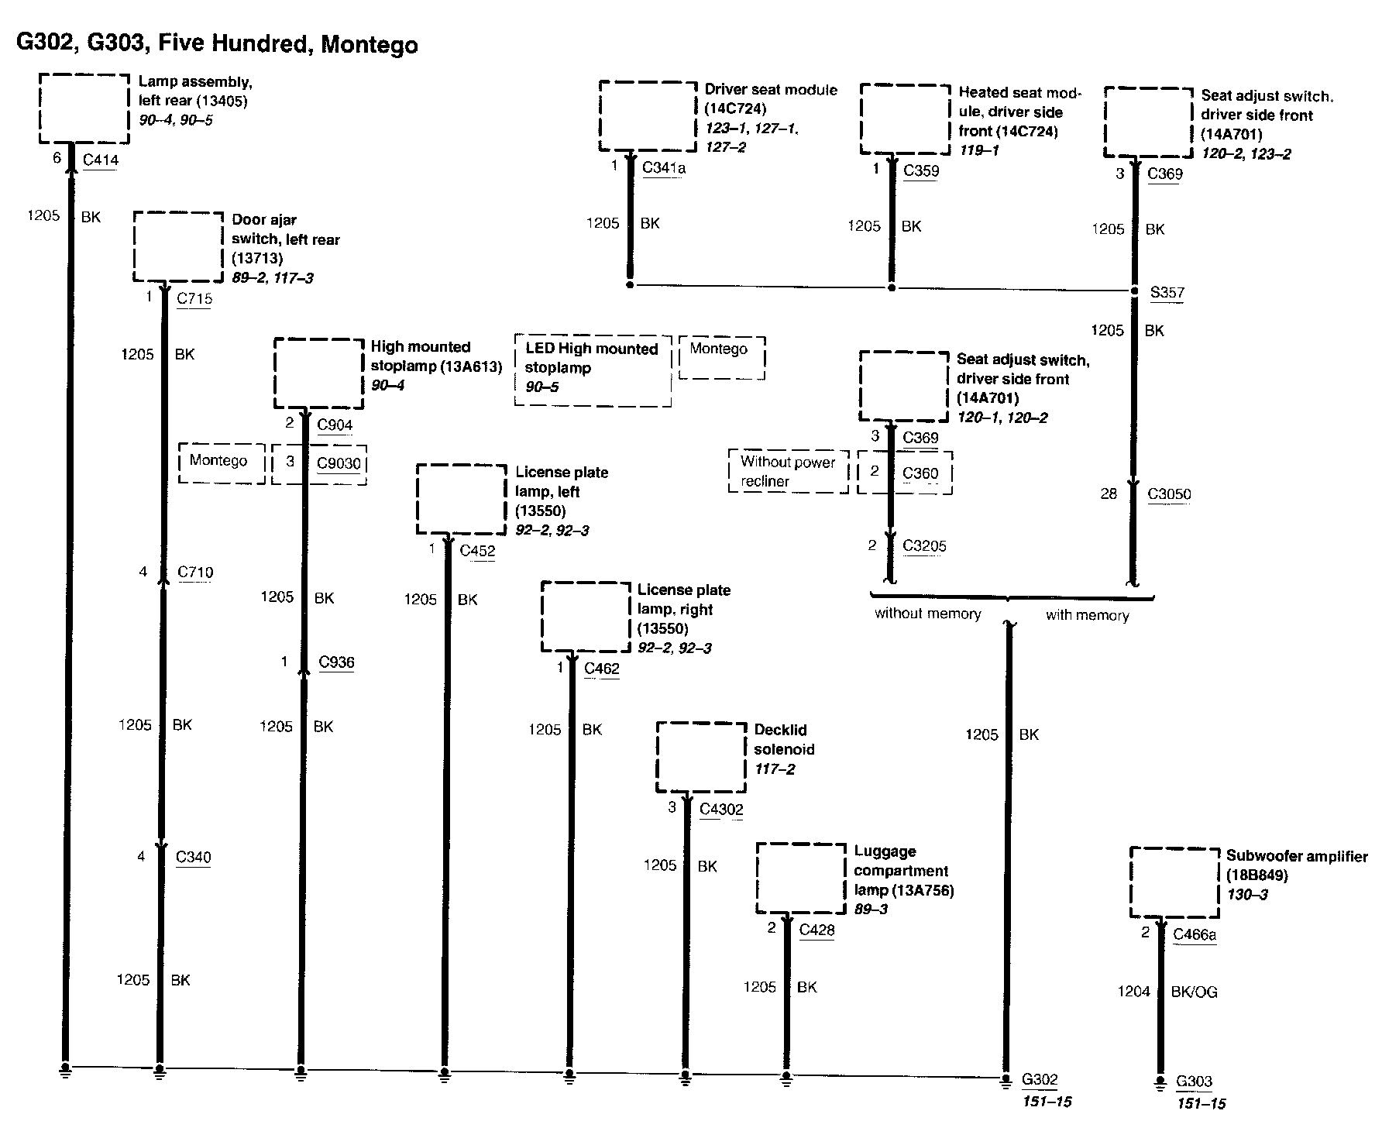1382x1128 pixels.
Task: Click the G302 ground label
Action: click(1040, 1079)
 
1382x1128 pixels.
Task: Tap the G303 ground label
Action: click(1194, 1082)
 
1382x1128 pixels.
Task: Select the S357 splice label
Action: click(1167, 293)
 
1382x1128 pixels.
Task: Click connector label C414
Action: click(100, 160)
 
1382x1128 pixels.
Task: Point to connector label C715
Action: click(194, 298)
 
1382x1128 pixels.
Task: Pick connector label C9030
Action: click(339, 463)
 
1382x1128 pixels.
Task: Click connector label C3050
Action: click(1169, 494)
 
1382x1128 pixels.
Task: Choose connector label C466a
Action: click(1195, 934)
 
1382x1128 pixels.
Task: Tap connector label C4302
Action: click(721, 810)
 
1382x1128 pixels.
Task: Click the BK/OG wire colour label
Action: click(1194, 992)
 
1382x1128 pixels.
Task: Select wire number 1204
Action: click(1133, 992)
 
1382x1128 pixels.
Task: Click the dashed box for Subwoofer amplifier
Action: click(1174, 882)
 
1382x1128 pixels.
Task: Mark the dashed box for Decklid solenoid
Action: click(701, 757)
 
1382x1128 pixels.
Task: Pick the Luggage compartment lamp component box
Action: click(801, 878)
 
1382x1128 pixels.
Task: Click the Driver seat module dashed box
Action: click(648, 116)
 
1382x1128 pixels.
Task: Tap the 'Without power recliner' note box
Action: click(788, 471)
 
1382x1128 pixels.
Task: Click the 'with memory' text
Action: click(1087, 615)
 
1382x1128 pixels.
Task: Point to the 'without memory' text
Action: click(927, 614)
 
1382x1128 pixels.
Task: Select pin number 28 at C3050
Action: click(1109, 494)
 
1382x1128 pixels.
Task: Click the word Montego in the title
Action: click(369, 44)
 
